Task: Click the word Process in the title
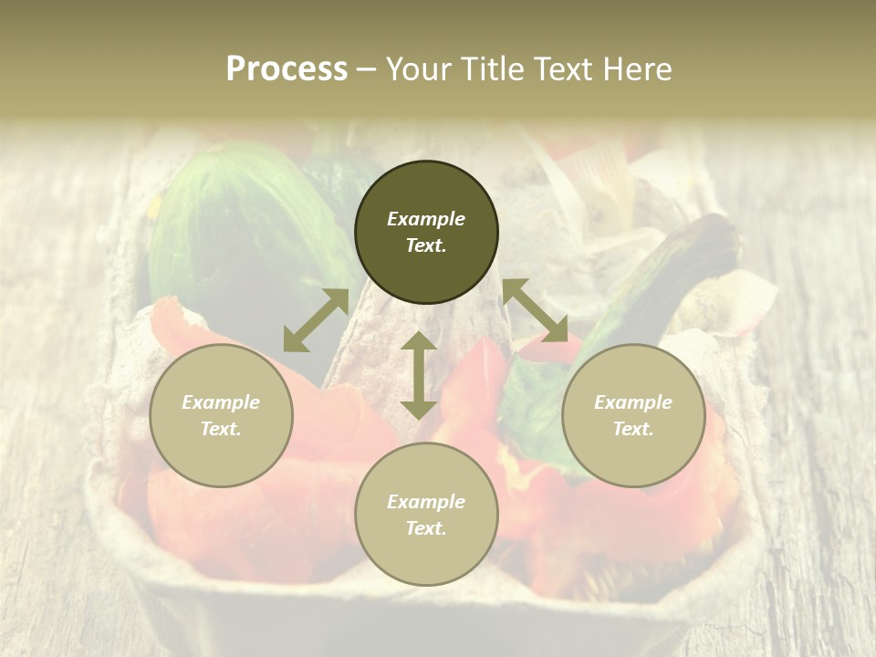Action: pyautogui.click(x=287, y=69)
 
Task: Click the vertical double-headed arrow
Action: pyautogui.click(x=419, y=375)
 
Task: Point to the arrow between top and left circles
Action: pyautogui.click(x=316, y=320)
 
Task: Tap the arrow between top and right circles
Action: pyautogui.click(x=535, y=310)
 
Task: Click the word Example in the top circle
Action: pyautogui.click(x=426, y=219)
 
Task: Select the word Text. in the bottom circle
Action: pyautogui.click(x=426, y=528)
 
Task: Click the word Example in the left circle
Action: pyautogui.click(x=221, y=402)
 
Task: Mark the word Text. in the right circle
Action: pyautogui.click(x=633, y=429)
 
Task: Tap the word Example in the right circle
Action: pyautogui.click(x=633, y=402)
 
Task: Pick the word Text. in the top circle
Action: pyautogui.click(x=426, y=245)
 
